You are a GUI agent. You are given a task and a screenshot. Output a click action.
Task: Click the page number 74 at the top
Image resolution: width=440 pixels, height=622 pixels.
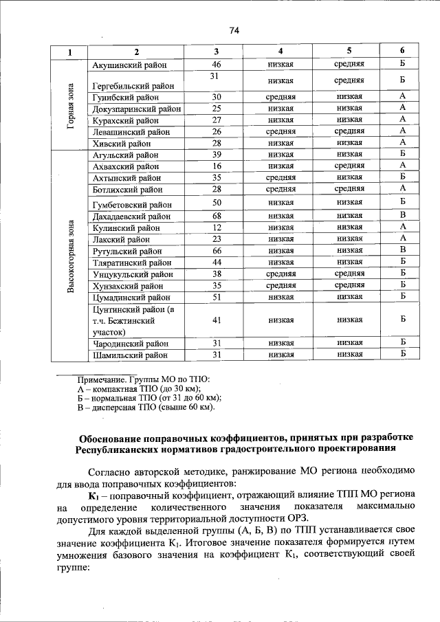point(234,29)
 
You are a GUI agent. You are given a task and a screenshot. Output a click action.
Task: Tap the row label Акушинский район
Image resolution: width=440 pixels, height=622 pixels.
point(126,64)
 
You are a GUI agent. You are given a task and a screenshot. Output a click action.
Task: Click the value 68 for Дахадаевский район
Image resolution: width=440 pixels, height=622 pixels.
point(217,216)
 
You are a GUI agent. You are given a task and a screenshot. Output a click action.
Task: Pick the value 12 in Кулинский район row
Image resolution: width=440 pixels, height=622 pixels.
point(217,227)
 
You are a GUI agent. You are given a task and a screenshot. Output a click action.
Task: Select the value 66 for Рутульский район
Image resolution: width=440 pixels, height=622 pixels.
point(217,250)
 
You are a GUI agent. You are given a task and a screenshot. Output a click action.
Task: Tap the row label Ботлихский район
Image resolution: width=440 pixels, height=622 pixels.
point(127,189)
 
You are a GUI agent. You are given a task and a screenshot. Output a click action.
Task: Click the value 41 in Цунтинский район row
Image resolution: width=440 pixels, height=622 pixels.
point(217,320)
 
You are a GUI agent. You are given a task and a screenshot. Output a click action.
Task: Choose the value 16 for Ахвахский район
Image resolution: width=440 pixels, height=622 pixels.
point(217,166)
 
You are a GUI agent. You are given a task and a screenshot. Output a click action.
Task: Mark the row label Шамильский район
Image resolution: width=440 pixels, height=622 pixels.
point(129,355)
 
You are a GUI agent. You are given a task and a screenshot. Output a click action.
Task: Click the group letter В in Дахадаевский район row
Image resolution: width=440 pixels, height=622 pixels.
point(402,216)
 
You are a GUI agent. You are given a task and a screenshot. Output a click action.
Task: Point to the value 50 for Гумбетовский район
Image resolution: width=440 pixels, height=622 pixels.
point(217,203)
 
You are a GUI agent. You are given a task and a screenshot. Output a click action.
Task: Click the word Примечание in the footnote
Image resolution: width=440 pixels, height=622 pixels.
point(102,379)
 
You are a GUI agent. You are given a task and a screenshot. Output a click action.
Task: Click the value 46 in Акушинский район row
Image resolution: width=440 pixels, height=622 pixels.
point(217,64)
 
